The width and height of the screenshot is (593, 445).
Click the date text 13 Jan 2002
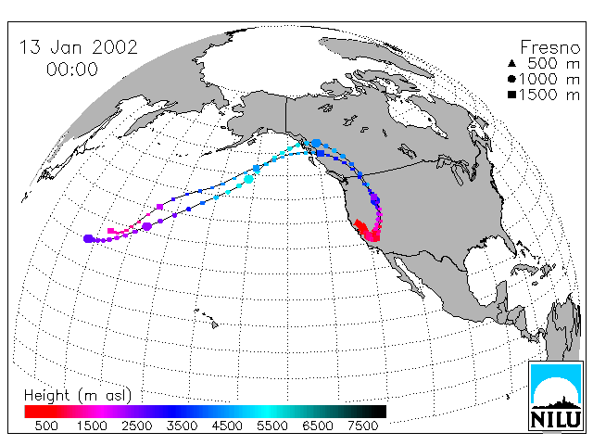(x=78, y=47)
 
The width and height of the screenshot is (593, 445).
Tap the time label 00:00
(x=72, y=70)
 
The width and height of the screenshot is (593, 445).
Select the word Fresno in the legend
(x=549, y=47)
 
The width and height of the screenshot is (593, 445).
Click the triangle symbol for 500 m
(x=511, y=63)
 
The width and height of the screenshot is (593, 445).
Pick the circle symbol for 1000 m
(x=511, y=79)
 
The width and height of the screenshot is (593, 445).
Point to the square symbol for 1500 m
(x=511, y=95)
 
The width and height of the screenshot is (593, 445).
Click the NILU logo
(x=556, y=396)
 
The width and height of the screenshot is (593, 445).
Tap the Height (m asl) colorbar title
(x=78, y=396)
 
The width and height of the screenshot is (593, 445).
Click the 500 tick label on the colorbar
(x=46, y=426)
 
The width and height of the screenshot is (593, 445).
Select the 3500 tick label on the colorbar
(x=182, y=426)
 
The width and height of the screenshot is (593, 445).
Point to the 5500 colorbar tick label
(x=272, y=426)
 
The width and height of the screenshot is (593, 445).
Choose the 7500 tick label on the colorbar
(x=362, y=426)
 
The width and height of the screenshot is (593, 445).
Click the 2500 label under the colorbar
(x=137, y=426)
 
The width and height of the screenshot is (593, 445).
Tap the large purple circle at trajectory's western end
(x=88, y=239)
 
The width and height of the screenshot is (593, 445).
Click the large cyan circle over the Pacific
(x=248, y=179)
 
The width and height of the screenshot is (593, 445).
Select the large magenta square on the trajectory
(x=160, y=207)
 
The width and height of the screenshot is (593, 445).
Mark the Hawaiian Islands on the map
(x=207, y=318)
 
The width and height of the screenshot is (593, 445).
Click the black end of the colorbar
(x=378, y=412)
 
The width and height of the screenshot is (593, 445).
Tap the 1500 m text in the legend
(x=549, y=95)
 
